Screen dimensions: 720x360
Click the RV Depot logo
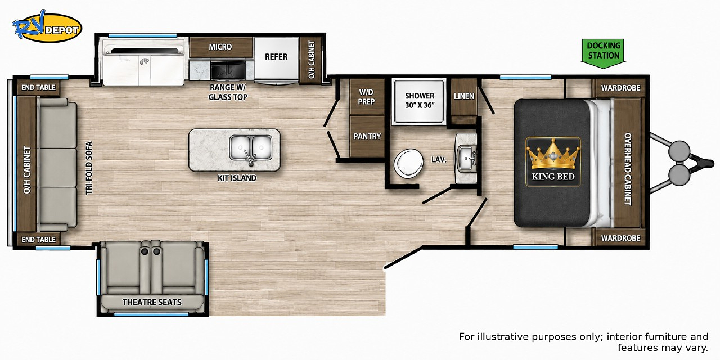point(47,26)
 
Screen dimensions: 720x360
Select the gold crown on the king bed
point(553,154)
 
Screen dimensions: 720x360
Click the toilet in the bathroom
point(409,163)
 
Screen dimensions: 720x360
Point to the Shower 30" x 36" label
point(420,100)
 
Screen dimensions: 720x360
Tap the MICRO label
point(220,47)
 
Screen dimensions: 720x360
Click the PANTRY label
point(367,136)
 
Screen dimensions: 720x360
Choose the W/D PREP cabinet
point(367,97)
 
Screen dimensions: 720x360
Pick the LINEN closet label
point(464,96)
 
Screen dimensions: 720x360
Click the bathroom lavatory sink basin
point(466,157)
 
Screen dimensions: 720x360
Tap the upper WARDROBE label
point(620,88)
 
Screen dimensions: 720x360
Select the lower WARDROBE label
point(620,238)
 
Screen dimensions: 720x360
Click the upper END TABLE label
point(38,87)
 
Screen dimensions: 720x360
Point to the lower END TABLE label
point(38,240)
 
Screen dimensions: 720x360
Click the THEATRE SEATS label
point(152,302)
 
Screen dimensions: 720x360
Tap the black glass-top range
point(228,70)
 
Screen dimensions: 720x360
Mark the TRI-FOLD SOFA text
point(89,168)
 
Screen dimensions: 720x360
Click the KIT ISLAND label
point(237,178)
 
